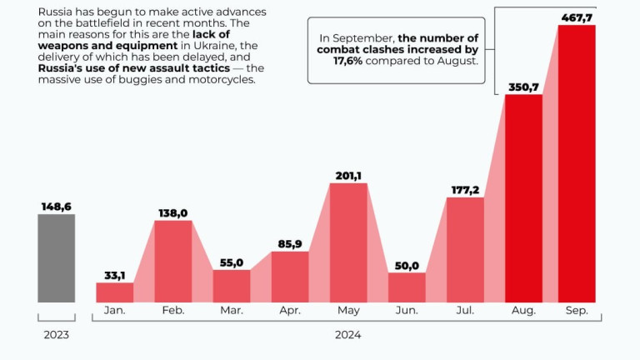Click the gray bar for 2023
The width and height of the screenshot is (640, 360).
click(x=56, y=257)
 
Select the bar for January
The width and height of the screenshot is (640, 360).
click(x=115, y=292)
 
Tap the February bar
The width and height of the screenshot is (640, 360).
click(x=173, y=261)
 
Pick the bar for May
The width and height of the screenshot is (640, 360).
click(x=348, y=242)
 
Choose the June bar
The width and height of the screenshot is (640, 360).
click(x=407, y=287)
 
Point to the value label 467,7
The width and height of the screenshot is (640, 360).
click(x=577, y=16)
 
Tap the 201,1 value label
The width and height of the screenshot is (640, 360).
click(x=348, y=174)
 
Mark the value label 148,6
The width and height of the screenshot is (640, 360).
click(x=56, y=205)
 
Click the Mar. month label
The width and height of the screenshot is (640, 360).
click(x=232, y=311)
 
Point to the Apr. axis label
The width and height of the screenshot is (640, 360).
click(x=290, y=311)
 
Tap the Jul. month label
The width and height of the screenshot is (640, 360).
click(x=465, y=311)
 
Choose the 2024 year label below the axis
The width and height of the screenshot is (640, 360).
click(x=347, y=335)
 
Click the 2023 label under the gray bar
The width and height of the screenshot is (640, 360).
click(x=56, y=335)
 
